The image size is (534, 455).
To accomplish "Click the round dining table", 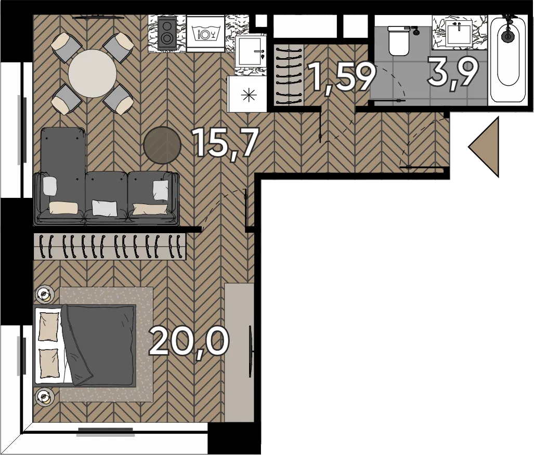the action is click(x=92, y=74).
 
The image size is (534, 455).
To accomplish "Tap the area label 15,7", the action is click(x=225, y=143).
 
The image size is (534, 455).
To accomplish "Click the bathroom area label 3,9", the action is click(x=453, y=72).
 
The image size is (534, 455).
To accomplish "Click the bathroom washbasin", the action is click(x=459, y=32).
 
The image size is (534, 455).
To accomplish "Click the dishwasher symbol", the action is click(x=205, y=33).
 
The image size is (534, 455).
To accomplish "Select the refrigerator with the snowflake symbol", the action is click(x=247, y=94).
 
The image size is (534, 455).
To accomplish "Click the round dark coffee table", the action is click(x=162, y=145).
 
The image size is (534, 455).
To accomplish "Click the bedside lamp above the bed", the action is click(x=44, y=295).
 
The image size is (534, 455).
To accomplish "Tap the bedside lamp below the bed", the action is click(x=44, y=396).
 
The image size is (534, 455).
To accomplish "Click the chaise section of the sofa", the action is click(x=62, y=174).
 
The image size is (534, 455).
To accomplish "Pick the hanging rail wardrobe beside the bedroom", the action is click(x=110, y=247).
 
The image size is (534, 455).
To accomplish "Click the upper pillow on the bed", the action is click(x=48, y=327).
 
